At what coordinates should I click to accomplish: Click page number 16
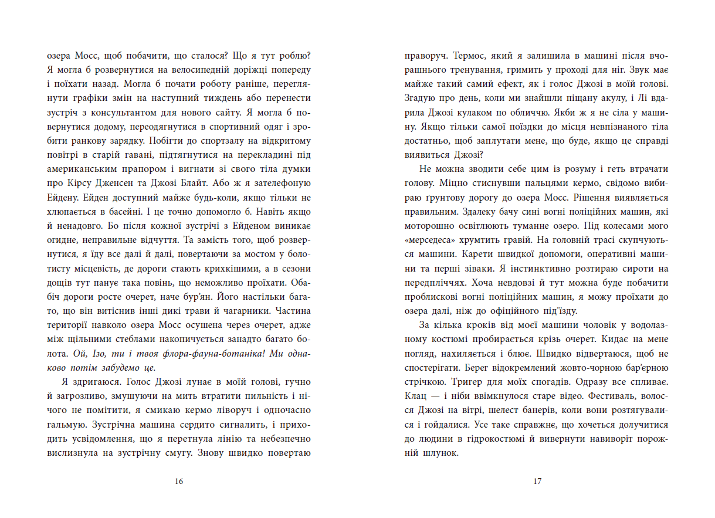[179, 482]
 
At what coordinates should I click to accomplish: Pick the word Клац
[416, 395]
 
